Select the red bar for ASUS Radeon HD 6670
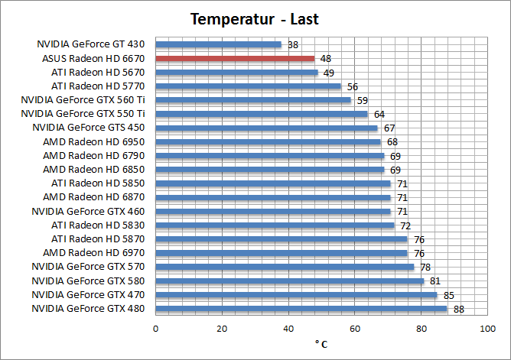click(x=235, y=58)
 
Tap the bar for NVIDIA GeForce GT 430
click(x=218, y=44)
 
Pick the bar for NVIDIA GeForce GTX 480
click(x=301, y=309)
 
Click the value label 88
click(x=459, y=310)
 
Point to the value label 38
click(x=293, y=45)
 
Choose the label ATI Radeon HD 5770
click(x=103, y=86)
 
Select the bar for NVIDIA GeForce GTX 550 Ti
click(x=262, y=114)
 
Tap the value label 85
click(x=449, y=295)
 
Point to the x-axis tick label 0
click(x=156, y=329)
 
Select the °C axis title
click(x=321, y=345)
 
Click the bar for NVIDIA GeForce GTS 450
click(x=266, y=128)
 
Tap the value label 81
click(x=436, y=281)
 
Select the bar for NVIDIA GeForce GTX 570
click(x=285, y=267)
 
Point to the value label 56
click(x=353, y=86)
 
